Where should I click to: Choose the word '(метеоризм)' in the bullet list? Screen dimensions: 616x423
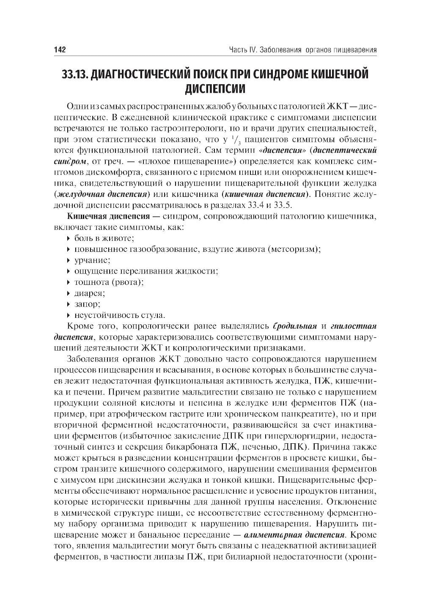(294, 249)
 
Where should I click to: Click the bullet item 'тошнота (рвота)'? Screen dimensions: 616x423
(109, 282)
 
